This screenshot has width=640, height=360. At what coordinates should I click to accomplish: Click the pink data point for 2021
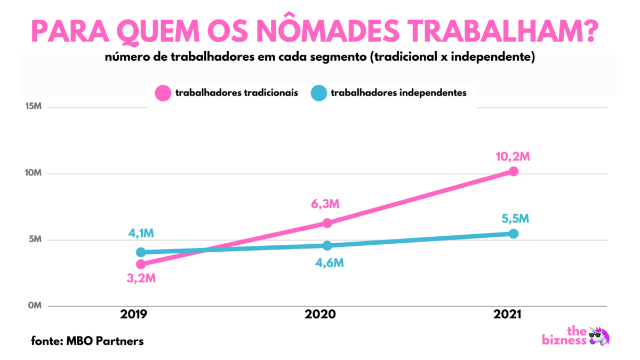click(513, 171)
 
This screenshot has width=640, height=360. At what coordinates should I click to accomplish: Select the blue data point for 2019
click(141, 252)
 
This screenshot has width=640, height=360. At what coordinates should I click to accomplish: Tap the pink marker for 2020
click(327, 223)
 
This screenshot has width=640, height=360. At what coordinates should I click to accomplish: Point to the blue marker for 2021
click(513, 234)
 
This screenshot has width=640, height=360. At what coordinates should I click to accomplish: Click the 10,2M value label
click(513, 157)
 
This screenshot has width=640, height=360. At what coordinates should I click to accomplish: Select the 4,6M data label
click(327, 263)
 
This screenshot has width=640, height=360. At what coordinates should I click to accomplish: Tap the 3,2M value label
click(141, 279)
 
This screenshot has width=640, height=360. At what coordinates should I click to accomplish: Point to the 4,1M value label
click(141, 233)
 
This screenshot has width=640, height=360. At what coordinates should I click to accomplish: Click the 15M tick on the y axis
click(33, 107)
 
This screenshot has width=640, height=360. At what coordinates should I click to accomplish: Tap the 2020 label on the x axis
click(320, 315)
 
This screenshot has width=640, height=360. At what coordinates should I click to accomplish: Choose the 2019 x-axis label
click(134, 315)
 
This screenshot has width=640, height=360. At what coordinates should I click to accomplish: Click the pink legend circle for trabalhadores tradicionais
click(163, 93)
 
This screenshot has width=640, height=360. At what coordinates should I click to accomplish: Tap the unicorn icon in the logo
click(599, 336)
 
